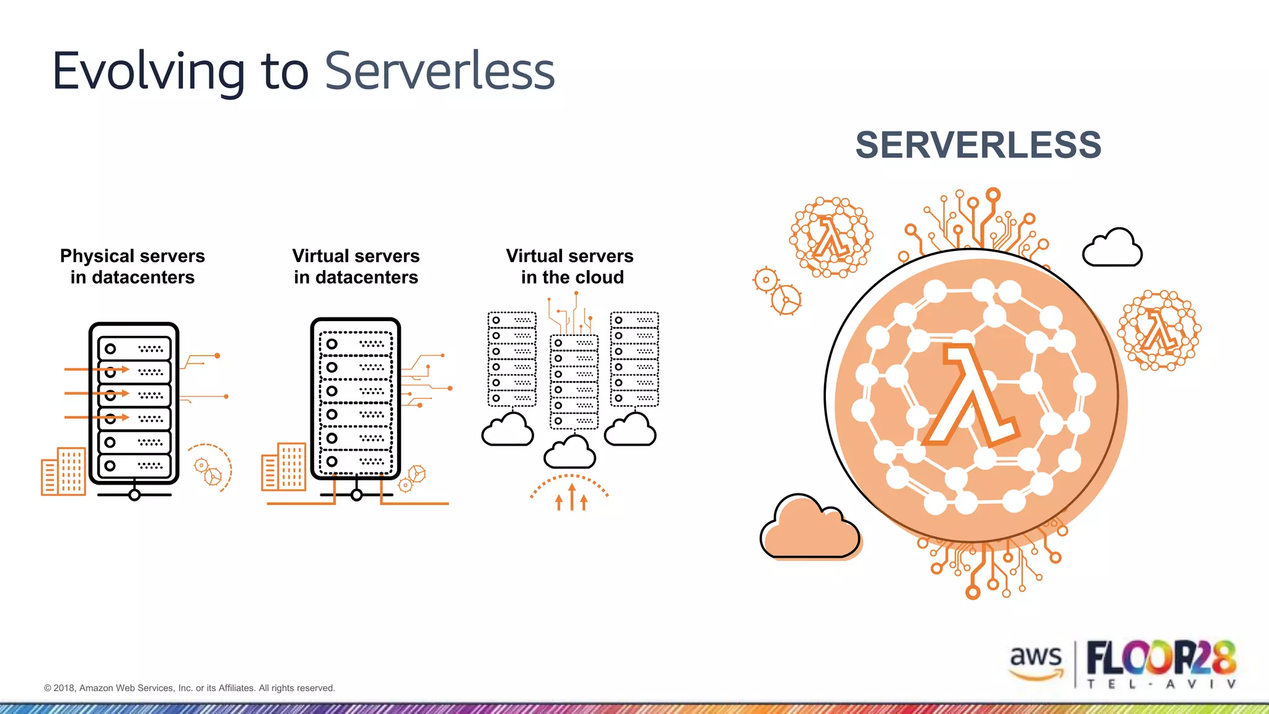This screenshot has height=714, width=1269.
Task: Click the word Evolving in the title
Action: (x=149, y=72)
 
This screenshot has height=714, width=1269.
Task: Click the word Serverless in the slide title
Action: (x=439, y=72)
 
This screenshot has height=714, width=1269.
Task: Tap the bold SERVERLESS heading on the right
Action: (x=978, y=145)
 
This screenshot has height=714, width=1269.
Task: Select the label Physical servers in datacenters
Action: (x=132, y=267)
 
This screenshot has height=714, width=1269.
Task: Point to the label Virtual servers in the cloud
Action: (x=570, y=267)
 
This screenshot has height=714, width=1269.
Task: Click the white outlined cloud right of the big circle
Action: (x=1112, y=249)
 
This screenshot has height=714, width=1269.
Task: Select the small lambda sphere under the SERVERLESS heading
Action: (x=830, y=237)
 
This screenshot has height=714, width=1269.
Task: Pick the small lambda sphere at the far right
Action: (x=1158, y=330)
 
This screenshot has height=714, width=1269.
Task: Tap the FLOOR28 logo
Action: (x=1161, y=658)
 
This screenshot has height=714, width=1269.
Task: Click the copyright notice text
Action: (x=189, y=688)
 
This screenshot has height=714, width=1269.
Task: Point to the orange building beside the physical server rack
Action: (x=63, y=471)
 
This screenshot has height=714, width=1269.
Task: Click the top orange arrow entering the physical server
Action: (x=97, y=369)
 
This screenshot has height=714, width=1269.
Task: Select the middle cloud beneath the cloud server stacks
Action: (x=569, y=452)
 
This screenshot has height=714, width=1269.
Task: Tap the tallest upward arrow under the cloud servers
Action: (x=571, y=496)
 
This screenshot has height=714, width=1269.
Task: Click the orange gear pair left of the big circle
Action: (x=777, y=290)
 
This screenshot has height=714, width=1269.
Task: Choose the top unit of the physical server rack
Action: (x=134, y=349)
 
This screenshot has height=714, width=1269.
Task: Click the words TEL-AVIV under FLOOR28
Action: (x=1161, y=684)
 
